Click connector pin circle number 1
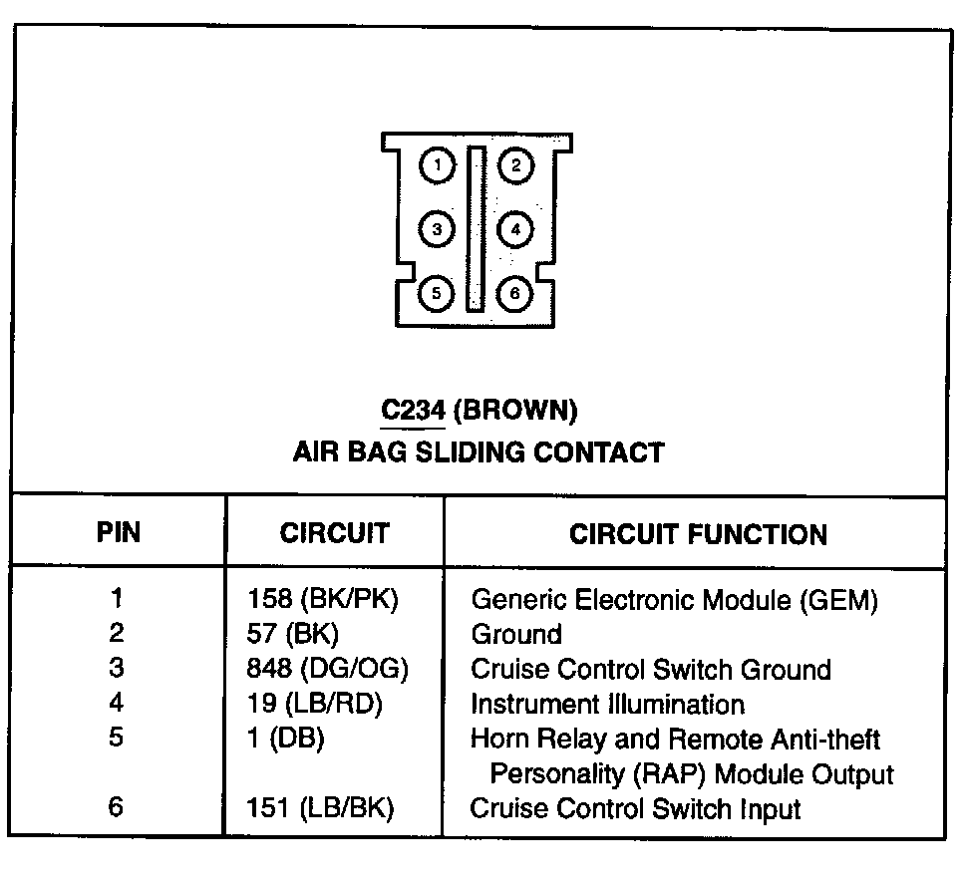click(x=438, y=165)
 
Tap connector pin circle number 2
click(x=515, y=165)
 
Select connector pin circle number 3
click(x=438, y=229)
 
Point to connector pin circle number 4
click(x=515, y=229)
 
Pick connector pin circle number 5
click(x=438, y=293)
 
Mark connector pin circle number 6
click(x=515, y=293)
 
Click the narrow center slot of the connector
click(x=477, y=228)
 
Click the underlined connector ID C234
click(x=413, y=410)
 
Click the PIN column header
click(x=119, y=532)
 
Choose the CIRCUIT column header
click(x=334, y=533)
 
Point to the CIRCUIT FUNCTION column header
click(x=698, y=534)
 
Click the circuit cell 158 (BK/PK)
click(x=330, y=600)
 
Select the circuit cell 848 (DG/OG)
click(x=328, y=670)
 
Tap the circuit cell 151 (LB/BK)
click(x=320, y=808)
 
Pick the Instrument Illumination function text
click(x=607, y=705)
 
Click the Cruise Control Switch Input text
click(x=635, y=808)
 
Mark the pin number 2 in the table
click(x=118, y=634)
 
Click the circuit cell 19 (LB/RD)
click(x=315, y=705)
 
